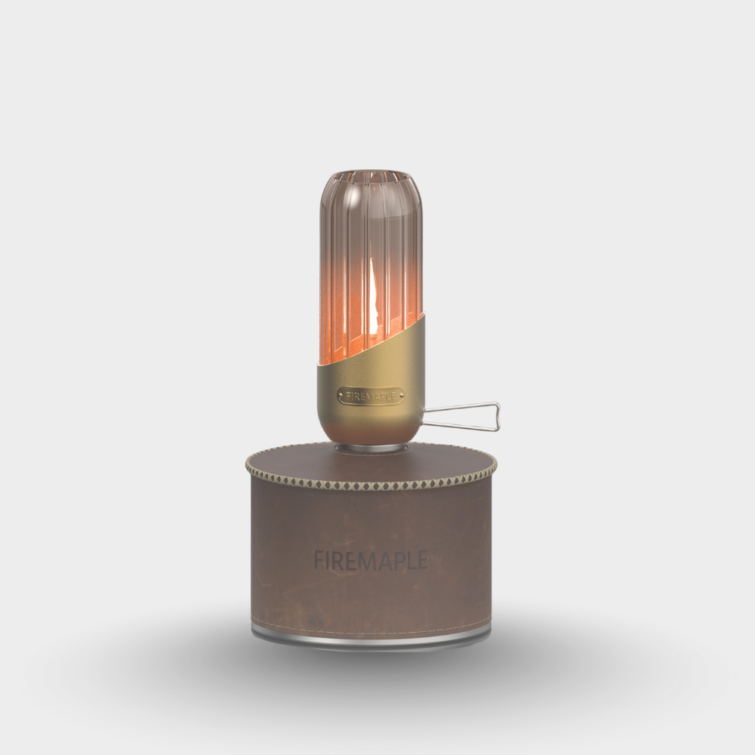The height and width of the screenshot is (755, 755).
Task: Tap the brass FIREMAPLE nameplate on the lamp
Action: pyautogui.click(x=370, y=394)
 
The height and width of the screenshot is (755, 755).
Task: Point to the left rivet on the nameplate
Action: pyautogui.click(x=341, y=395)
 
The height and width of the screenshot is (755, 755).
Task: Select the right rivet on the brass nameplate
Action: pyautogui.click(x=399, y=394)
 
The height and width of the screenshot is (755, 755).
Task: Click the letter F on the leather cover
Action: pyautogui.click(x=318, y=560)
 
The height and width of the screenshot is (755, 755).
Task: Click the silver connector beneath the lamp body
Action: pyautogui.click(x=370, y=448)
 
